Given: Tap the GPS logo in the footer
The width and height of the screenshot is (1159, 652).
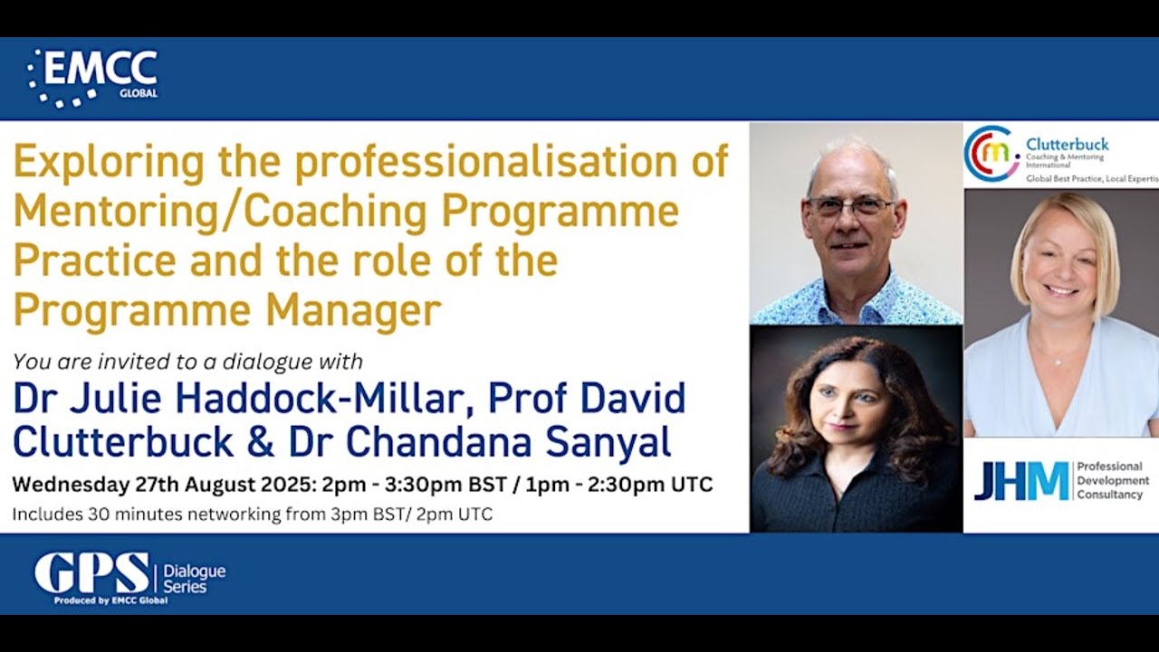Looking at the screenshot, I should tap(92, 573).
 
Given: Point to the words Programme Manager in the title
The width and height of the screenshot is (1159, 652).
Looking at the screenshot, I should tap(227, 311).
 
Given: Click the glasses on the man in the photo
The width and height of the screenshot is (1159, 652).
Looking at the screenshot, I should tap(848, 206).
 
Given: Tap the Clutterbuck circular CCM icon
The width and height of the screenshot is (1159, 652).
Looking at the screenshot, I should tap(991, 151).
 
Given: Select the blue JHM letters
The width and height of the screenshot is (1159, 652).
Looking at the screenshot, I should tap(1020, 481).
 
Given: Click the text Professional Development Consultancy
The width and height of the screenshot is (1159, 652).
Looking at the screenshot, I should tap(1112, 481).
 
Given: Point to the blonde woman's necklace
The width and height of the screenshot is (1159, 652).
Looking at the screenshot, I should tap(1057, 360).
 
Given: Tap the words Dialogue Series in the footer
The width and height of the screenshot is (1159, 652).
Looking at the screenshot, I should tap(194, 579).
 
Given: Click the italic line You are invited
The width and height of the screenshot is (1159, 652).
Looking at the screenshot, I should tap(187, 362).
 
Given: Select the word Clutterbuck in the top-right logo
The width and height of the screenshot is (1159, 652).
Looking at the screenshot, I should tap(1067, 144).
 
